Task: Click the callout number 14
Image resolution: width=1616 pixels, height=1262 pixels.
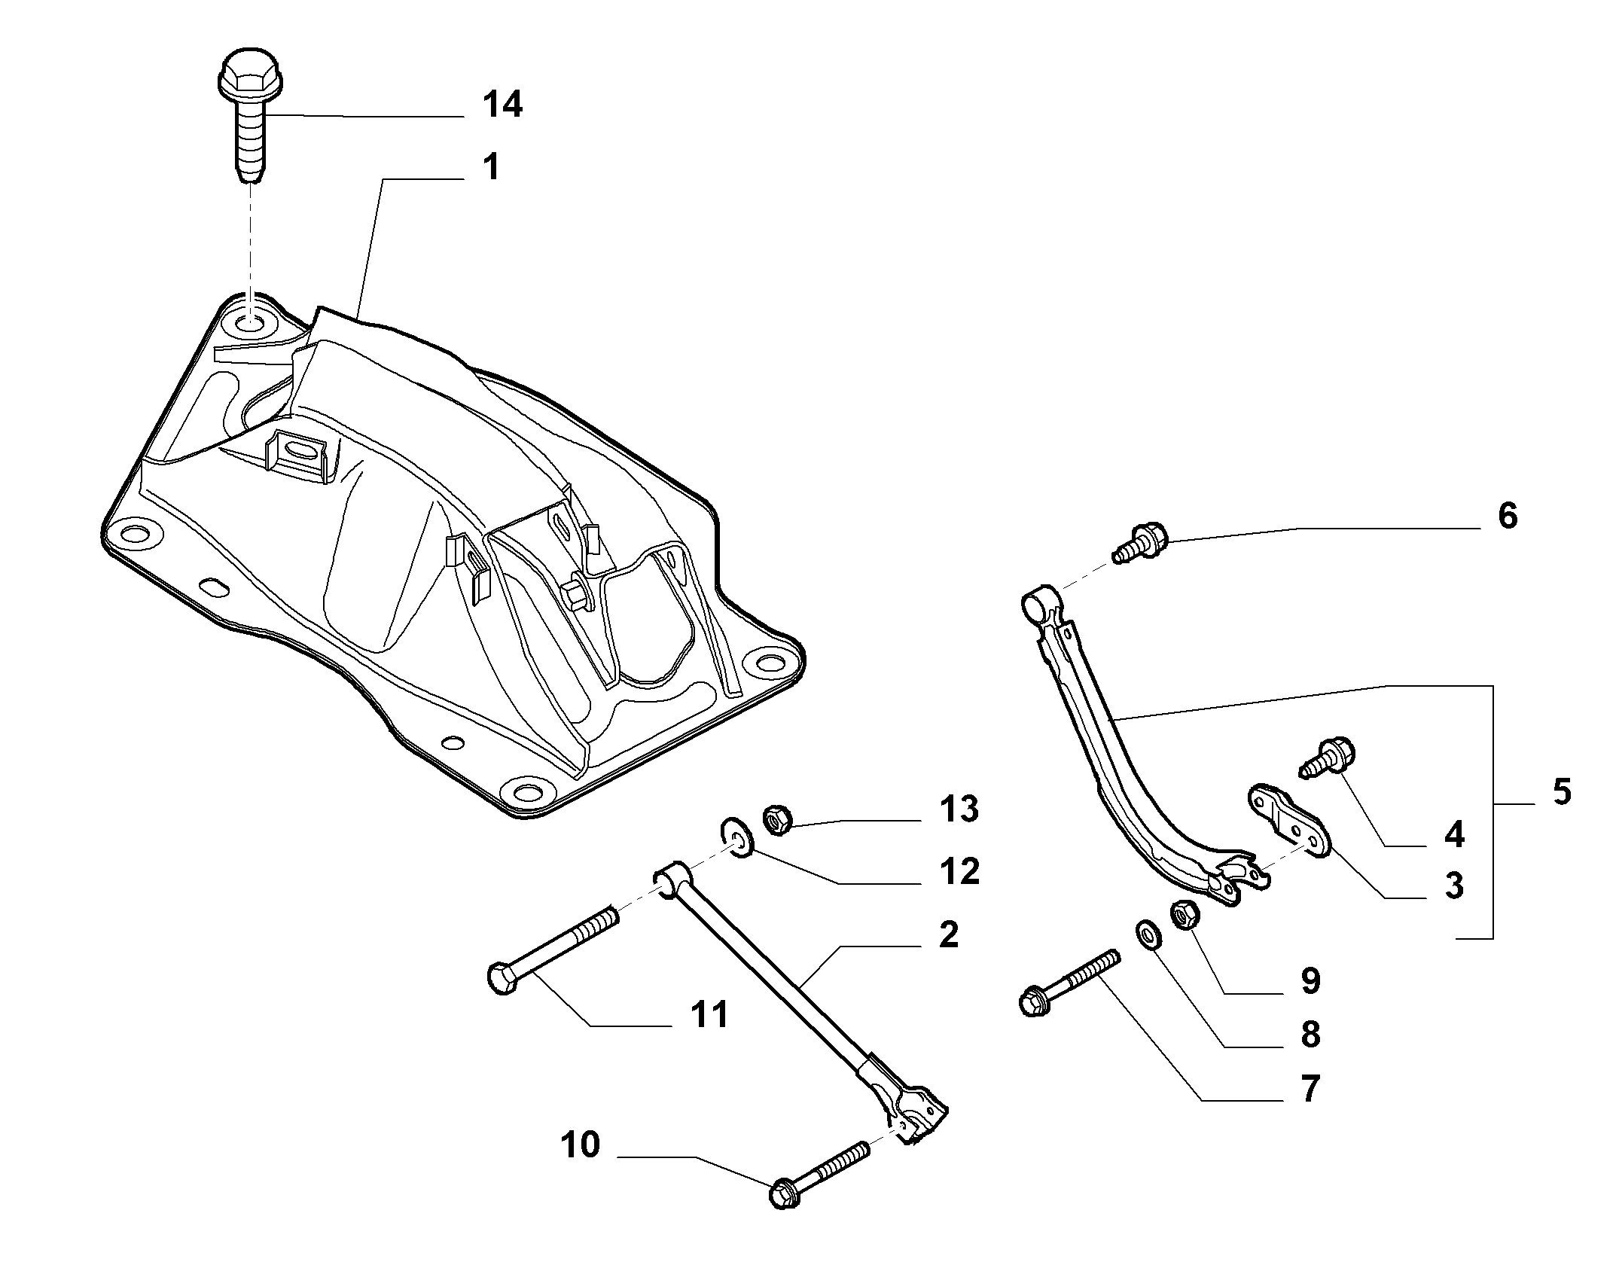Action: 502,105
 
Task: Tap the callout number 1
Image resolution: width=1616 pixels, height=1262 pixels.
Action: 492,167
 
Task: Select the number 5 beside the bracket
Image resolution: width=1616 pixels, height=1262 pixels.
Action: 1562,792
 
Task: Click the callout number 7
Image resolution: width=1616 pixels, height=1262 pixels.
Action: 1310,1090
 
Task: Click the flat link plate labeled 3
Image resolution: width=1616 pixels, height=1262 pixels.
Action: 1290,822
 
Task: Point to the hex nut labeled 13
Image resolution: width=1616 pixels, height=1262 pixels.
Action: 776,818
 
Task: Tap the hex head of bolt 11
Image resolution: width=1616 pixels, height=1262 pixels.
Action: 502,979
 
